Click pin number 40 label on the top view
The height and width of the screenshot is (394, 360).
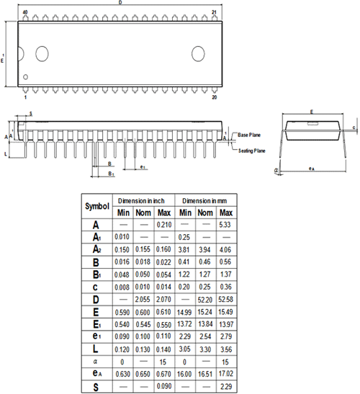pos(25,13)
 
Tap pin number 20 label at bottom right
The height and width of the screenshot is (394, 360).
pos(214,96)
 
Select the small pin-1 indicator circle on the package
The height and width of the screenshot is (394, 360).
pos(26,77)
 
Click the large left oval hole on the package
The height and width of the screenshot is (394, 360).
pos(41,53)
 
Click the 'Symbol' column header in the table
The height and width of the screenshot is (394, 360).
pos(96,205)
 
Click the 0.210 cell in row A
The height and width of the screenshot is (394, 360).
pos(164,225)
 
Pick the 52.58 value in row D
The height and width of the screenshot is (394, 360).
pos(225,298)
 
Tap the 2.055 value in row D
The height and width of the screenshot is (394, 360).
pos(143,298)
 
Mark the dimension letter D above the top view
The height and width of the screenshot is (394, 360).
pos(120,4)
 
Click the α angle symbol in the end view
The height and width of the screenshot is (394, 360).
pos(276,171)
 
